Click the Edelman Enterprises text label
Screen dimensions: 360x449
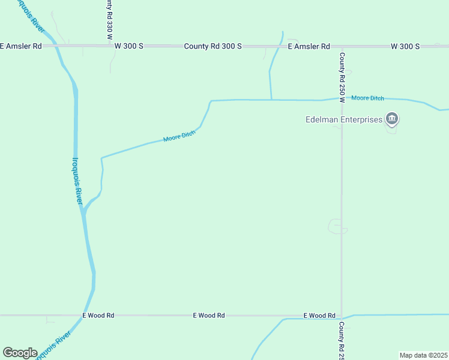344,119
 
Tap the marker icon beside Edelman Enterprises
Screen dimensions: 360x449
392,119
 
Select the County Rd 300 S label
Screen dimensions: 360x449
212,46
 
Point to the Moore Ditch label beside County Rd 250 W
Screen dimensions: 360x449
367,98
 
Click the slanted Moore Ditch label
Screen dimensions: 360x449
179,137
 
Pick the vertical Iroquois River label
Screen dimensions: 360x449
77,181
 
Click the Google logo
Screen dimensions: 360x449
20,353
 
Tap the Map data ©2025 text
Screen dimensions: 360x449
423,355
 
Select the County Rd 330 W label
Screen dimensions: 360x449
109,19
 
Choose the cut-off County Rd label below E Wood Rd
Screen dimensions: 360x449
342,340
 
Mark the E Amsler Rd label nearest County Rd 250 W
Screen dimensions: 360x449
309,46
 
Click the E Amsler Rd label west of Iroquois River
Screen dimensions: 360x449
21,46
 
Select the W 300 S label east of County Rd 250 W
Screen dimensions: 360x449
405,46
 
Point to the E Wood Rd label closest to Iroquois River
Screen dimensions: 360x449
98,315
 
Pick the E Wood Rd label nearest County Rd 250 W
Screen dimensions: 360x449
319,315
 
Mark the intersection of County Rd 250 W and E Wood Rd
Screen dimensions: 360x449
342,315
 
